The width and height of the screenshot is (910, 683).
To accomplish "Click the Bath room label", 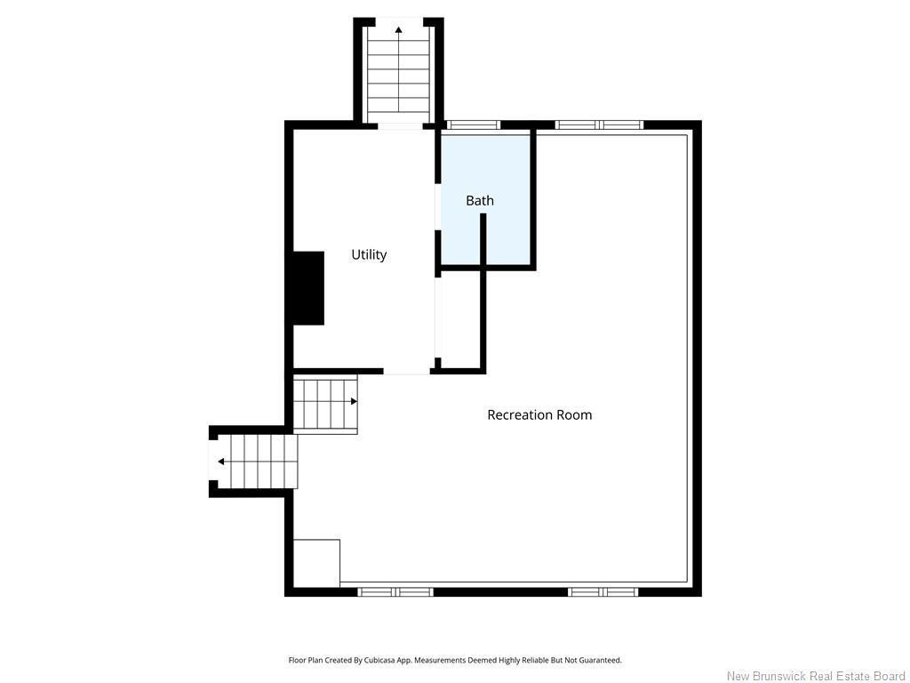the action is coord(480,200).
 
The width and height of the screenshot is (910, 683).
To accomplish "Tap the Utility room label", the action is coord(369,254).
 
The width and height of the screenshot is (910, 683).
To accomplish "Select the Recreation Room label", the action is coord(539,414).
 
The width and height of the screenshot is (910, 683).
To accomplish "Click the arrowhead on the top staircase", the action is coord(399,29).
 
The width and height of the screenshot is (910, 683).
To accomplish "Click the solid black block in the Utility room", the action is coord(308,288).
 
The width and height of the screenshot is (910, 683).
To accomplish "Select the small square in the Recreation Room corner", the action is coord(316,563).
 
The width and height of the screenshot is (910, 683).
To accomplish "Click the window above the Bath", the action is coord(475,125).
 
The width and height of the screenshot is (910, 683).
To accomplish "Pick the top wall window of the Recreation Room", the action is coord(600,125).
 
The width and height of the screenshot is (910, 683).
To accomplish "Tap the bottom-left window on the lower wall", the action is coord(395,591).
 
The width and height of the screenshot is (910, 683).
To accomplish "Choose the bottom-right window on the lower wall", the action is coord(603,591).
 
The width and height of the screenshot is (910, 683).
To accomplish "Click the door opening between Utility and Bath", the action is coord(438,206).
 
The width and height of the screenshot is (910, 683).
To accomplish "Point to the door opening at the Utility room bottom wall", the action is coord(406,371).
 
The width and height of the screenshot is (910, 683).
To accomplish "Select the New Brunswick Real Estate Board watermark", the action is coord(816,676).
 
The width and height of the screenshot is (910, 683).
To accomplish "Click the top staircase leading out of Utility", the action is coord(399,70).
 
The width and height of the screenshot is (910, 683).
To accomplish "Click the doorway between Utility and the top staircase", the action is coord(401,126).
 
